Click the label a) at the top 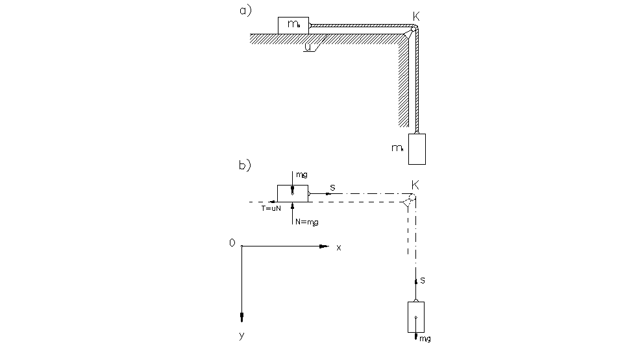(x=245, y=11)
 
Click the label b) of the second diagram (x=245, y=165)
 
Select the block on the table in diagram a (x=293, y=25)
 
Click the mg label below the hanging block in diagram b (x=425, y=339)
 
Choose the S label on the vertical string (x=423, y=280)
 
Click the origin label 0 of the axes (x=232, y=243)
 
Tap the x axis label (x=339, y=248)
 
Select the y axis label (x=241, y=335)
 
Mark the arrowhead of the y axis (x=241, y=317)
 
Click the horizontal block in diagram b (x=292, y=193)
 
